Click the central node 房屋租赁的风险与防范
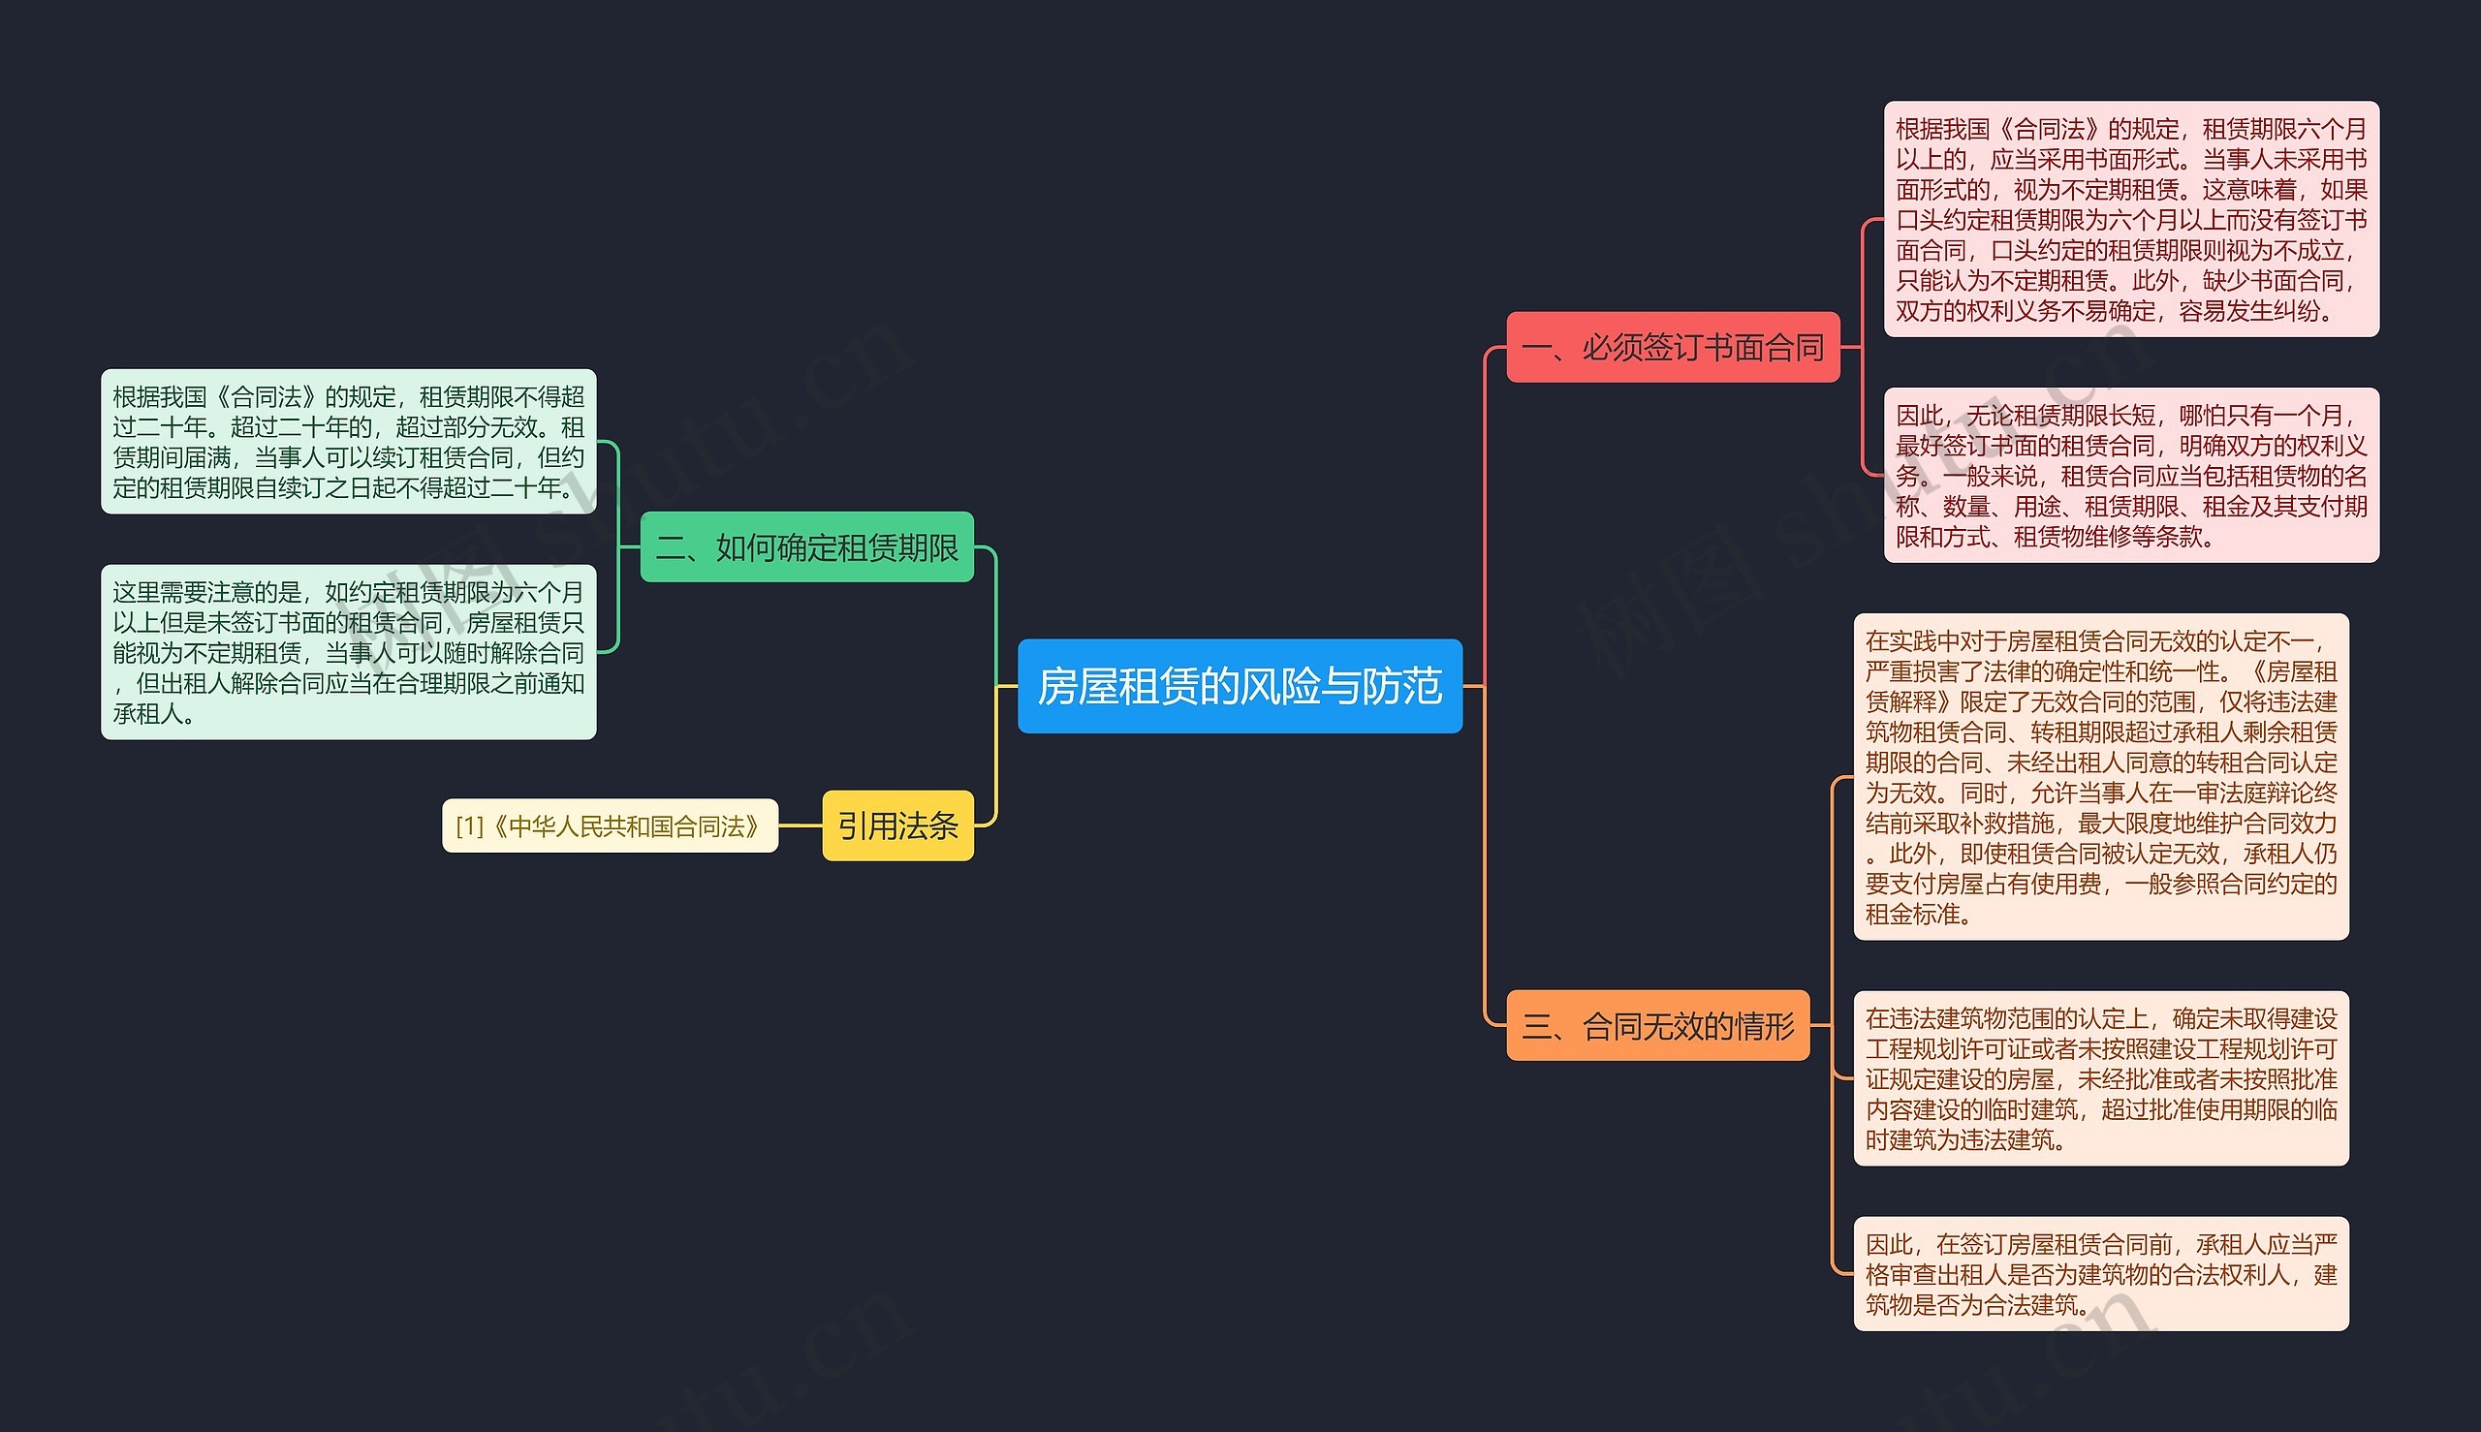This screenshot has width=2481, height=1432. [x=1240, y=686]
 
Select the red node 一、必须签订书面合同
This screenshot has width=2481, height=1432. [x=1674, y=347]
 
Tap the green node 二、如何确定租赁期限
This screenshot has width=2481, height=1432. [x=806, y=546]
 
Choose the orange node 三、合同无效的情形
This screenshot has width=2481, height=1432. [x=1657, y=1026]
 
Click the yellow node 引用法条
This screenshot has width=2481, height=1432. [x=898, y=825]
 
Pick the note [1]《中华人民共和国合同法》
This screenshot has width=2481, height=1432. [x=610, y=825]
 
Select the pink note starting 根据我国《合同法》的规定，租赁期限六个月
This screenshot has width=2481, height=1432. [x=2132, y=219]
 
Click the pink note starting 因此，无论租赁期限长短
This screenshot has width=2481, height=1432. [x=2132, y=475]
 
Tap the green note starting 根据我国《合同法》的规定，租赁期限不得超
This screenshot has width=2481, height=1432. [x=348, y=442]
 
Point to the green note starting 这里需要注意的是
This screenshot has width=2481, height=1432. [x=348, y=652]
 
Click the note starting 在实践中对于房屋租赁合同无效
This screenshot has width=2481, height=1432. [x=2101, y=777]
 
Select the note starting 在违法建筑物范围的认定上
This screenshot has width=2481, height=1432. [x=2101, y=1078]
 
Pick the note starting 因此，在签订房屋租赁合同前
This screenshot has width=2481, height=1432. [x=2101, y=1274]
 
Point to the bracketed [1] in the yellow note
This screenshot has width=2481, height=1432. [x=469, y=826]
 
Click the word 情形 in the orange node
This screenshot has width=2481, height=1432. [x=1765, y=1026]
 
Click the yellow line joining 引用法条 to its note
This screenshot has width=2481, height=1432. [x=800, y=825]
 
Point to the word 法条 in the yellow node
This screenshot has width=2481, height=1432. [x=928, y=825]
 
